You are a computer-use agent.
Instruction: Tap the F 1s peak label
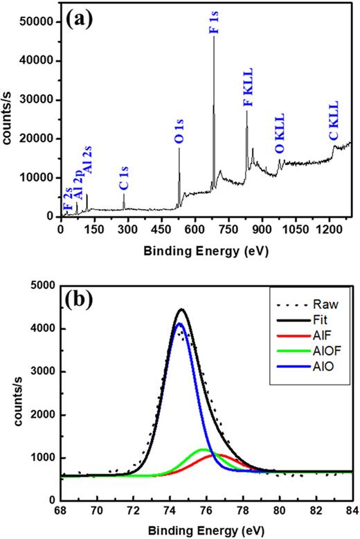point(214,25)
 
